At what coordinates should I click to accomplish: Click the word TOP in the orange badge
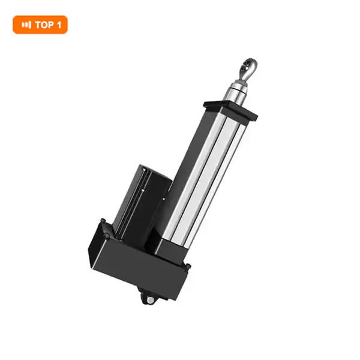coord(44,25)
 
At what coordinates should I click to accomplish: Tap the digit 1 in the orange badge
coord(59,25)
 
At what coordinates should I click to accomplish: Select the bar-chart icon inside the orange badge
coord(26,25)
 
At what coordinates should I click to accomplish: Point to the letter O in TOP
coord(44,25)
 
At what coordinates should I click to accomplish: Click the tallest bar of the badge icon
coord(30,25)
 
